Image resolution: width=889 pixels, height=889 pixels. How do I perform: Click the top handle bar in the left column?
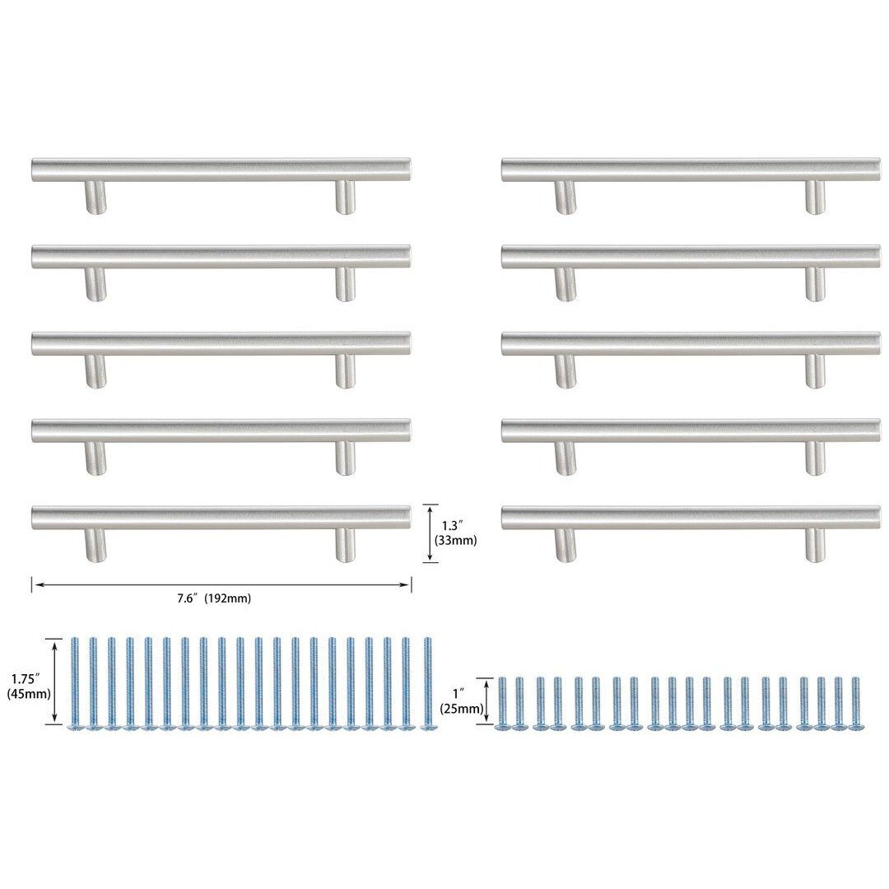tap(221, 170)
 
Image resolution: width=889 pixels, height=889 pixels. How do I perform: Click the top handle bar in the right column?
tap(690, 170)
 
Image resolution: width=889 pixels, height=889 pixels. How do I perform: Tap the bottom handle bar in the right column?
tap(690, 518)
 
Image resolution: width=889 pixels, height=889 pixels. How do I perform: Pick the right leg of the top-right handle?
tap(814, 198)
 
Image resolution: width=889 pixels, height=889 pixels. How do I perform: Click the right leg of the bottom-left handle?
tap(345, 545)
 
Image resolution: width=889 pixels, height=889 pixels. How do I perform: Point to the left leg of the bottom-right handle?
tap(566, 545)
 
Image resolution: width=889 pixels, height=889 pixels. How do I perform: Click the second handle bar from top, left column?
tap(221, 256)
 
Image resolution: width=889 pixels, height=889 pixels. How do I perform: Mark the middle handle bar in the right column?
tap(690, 343)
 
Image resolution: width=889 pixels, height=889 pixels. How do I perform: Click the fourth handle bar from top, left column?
tap(221, 431)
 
